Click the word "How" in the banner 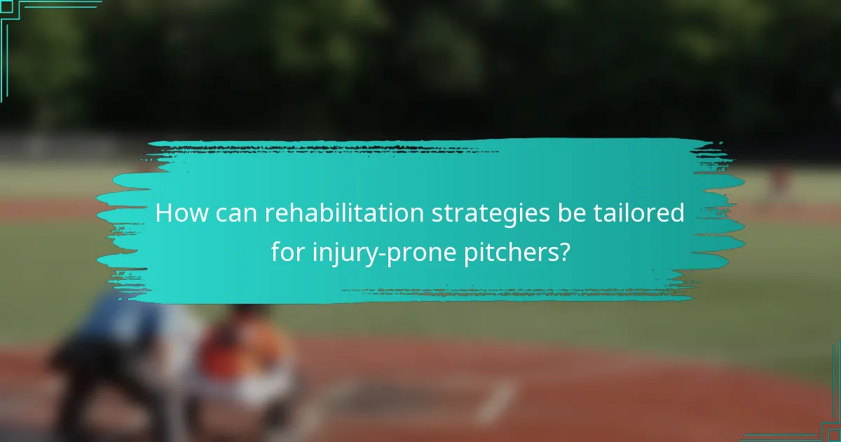click(x=179, y=213)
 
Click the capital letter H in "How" click(x=163, y=213)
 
